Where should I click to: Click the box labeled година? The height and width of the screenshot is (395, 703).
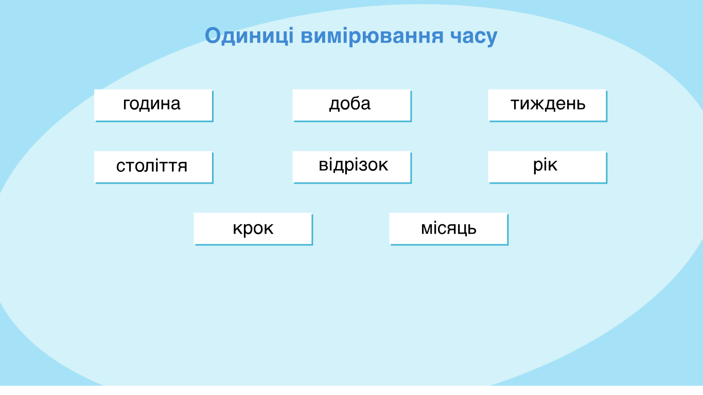153,105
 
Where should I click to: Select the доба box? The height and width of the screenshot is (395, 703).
352,105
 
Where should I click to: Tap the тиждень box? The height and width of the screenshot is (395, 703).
548,105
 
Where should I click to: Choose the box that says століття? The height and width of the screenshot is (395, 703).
153,167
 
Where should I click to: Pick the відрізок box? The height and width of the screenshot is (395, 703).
352,167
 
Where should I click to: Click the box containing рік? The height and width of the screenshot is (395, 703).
548,167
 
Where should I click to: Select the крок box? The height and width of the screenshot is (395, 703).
253,229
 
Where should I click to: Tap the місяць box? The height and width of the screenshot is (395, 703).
448,229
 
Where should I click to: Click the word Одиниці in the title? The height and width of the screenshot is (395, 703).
249,36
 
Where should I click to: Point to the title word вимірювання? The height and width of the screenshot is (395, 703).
372,36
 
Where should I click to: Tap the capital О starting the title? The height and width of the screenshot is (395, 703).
213,35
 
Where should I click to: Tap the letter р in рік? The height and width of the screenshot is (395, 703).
539,167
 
